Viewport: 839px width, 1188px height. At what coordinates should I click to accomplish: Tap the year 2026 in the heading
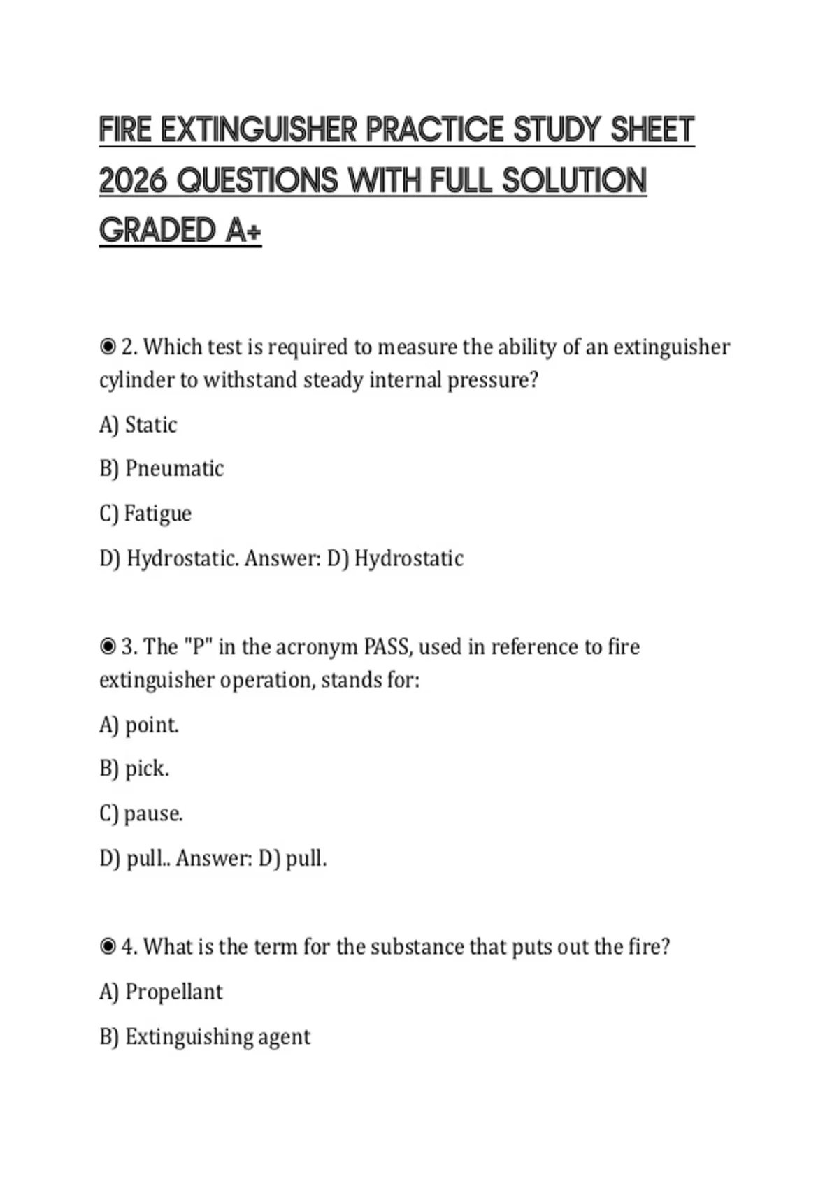point(133,180)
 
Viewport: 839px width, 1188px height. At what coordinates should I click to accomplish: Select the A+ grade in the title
point(243,231)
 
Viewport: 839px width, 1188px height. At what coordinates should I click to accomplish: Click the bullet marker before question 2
point(108,347)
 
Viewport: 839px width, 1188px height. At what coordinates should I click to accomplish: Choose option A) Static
point(138,425)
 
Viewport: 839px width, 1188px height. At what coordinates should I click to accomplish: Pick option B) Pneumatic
point(162,469)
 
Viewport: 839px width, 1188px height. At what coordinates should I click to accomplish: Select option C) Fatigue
point(145,514)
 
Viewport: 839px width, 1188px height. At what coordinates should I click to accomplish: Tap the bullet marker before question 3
point(108,646)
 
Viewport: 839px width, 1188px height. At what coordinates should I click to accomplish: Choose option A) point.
point(139,725)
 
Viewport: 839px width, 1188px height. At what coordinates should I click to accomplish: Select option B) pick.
point(134,769)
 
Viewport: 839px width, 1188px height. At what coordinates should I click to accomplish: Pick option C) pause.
point(141,813)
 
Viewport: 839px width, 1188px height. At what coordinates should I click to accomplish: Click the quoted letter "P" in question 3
point(198,646)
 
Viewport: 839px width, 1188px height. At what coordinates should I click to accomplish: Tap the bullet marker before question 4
point(108,946)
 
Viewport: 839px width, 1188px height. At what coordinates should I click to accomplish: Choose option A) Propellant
point(161,992)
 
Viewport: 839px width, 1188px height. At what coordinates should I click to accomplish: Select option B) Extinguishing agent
point(205,1036)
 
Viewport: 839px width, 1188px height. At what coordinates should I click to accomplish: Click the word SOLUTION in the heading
point(574,180)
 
